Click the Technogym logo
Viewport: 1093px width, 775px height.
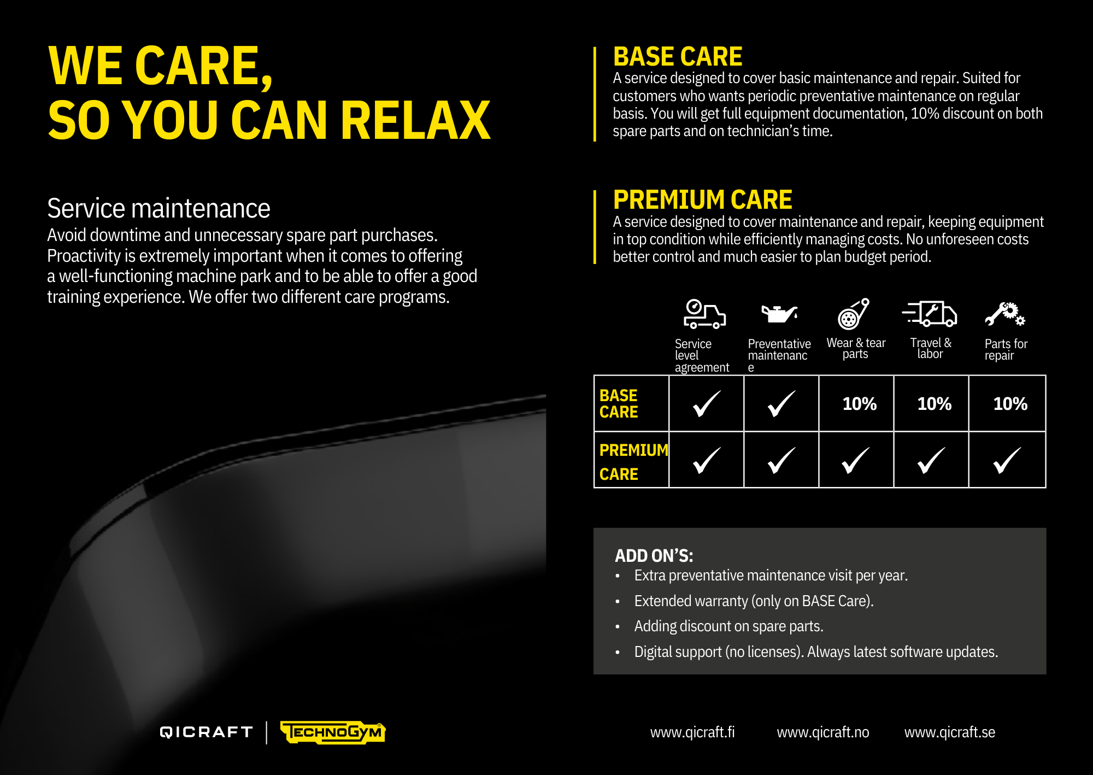tap(333, 732)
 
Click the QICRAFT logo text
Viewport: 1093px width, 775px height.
tap(206, 732)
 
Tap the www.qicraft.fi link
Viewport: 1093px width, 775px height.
tap(692, 732)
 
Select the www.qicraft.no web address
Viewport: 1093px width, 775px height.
tap(823, 732)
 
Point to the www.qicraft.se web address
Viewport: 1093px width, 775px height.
tap(950, 732)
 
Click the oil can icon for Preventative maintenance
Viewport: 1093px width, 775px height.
tap(780, 314)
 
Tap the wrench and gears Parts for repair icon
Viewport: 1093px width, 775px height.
tap(1005, 314)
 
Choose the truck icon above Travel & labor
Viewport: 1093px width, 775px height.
tap(930, 314)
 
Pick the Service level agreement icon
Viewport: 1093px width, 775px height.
tap(705, 314)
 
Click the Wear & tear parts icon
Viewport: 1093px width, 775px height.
tap(854, 314)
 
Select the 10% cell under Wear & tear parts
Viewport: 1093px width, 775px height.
tap(860, 404)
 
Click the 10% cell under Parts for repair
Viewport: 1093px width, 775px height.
tap(1010, 404)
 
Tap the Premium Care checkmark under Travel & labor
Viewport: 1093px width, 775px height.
tap(931, 460)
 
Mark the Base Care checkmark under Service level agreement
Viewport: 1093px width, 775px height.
tap(707, 404)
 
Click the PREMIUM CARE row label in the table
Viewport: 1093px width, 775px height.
tap(633, 462)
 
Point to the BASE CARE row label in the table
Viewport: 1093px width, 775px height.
tap(619, 403)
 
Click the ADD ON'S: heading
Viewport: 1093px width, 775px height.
tap(654, 556)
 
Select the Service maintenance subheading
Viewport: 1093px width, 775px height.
tap(158, 209)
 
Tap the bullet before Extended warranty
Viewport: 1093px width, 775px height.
tap(618, 602)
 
